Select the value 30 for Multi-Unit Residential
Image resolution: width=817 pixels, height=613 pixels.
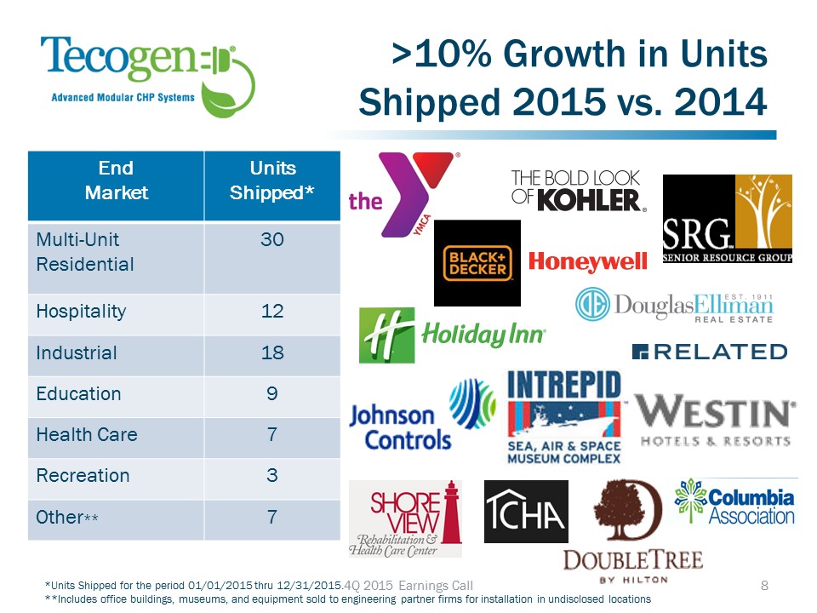(271, 240)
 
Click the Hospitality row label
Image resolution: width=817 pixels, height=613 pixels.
(81, 311)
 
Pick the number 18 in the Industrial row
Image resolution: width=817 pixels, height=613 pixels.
(271, 352)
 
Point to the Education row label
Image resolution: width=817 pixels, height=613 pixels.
(78, 393)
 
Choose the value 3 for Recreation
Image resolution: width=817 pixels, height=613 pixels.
(271, 475)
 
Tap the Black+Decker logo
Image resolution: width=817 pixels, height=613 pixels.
(477, 262)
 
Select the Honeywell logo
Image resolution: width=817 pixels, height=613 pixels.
(587, 261)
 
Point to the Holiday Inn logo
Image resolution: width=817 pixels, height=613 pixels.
(451, 335)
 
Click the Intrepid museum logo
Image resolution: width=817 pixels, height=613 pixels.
(564, 417)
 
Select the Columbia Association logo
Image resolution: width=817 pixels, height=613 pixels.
(736, 502)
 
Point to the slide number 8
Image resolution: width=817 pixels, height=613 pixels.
(763, 585)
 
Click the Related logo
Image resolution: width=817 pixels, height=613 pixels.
(709, 352)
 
